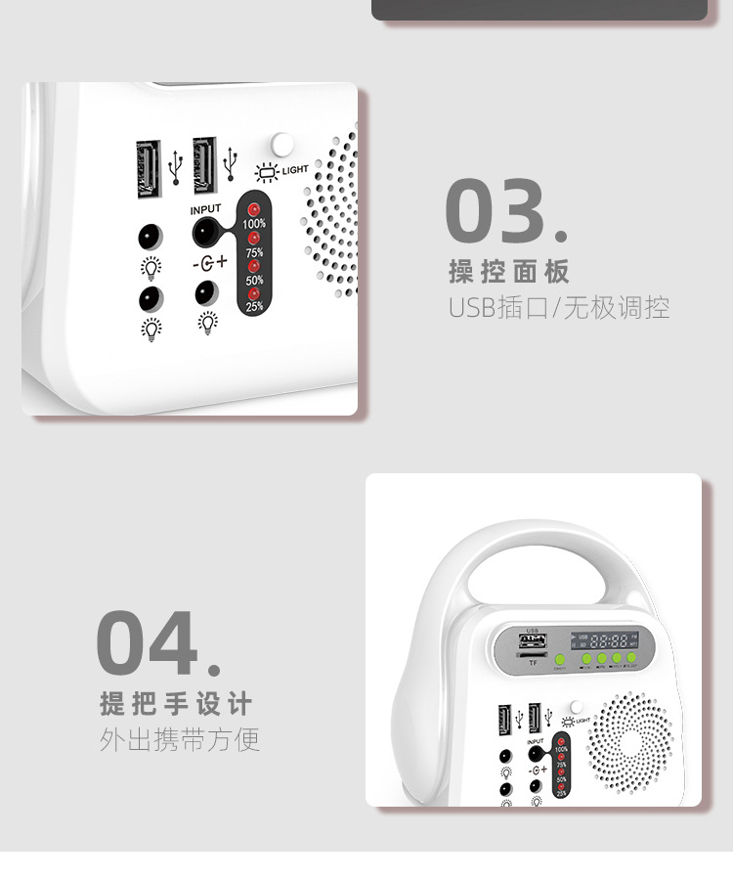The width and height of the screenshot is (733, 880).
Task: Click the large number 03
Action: pos(497,210)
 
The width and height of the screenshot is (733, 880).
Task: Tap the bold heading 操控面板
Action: pos(508,272)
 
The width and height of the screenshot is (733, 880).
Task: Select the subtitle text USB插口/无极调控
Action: pos(559,307)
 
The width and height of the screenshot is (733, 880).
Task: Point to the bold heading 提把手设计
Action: pos(176,703)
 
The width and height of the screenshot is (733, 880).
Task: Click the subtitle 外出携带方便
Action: pos(180,739)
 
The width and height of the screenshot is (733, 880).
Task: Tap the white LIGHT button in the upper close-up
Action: pos(282,144)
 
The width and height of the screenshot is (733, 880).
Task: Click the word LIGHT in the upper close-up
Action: pos(295,170)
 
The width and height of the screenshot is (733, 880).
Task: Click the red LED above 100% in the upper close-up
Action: pos(254,209)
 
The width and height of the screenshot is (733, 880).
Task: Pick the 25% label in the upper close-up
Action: pos(254,307)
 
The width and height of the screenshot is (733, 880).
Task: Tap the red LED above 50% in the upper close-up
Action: pos(254,266)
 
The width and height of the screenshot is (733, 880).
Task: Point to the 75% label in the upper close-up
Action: pos(254,252)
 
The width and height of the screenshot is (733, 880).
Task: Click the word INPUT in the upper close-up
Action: pos(206,209)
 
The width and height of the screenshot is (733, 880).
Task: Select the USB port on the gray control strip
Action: pos(535,642)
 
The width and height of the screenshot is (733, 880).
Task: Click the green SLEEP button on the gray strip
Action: pos(632,659)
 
